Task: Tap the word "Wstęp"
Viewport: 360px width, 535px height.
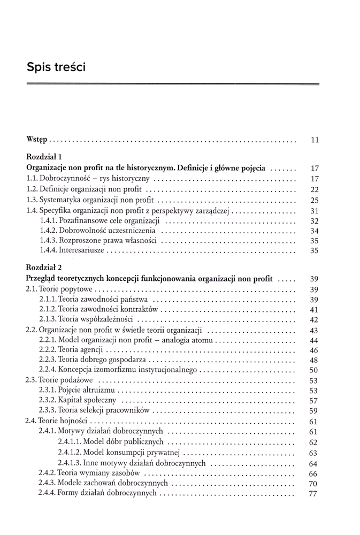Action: click(37, 141)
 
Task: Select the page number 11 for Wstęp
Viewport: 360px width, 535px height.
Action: click(315, 141)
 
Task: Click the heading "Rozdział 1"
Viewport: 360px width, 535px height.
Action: click(45, 157)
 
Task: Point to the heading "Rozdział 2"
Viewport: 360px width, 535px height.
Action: click(45, 267)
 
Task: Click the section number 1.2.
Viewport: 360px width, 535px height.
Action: click(33, 189)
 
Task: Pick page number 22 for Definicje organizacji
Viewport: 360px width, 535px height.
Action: click(315, 189)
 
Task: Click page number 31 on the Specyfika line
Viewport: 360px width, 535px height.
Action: click(315, 210)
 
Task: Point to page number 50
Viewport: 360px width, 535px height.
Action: click(314, 370)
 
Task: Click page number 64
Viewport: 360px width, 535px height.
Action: click(314, 463)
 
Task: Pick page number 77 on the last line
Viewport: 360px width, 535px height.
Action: click(314, 494)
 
